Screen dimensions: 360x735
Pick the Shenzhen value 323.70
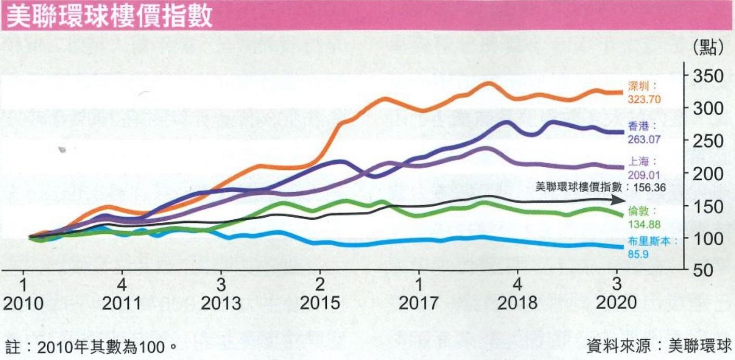[x=644, y=98]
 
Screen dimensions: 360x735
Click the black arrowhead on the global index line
[x=619, y=199]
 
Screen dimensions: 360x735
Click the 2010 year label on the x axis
[x=23, y=302]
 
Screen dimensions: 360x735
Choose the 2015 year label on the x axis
[x=320, y=302]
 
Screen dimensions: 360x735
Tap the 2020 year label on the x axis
[x=617, y=302]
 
